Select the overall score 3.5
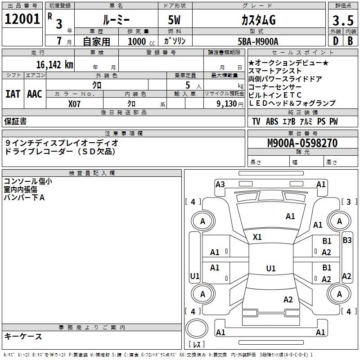pos(342,21)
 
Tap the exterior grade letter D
pos(335,41)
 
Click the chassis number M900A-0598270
pos(302,144)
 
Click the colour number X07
pos(74,103)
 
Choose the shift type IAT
pos(13,94)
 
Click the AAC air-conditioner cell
pos(35,94)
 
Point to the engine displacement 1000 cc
pos(140,41)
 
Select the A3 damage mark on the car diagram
pos(220,184)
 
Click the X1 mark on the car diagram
pos(257,237)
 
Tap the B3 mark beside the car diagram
pos(347,240)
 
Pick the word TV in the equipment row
pos(256,121)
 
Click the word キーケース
pos(23,336)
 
